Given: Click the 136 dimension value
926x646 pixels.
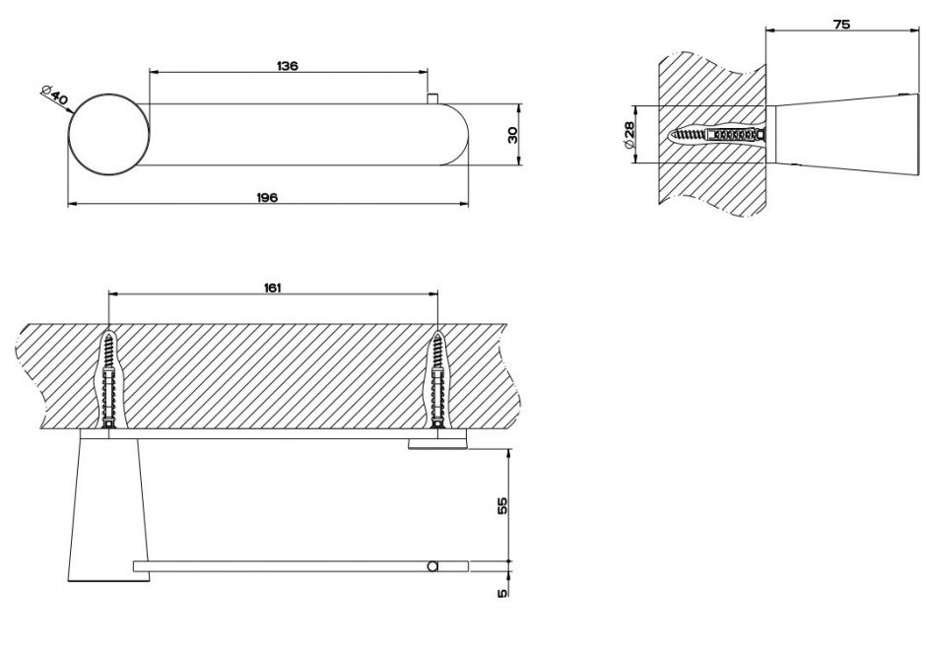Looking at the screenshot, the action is [x=288, y=66].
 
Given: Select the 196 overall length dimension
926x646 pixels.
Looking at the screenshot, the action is [x=267, y=197].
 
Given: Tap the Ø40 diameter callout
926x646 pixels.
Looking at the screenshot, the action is [x=54, y=96].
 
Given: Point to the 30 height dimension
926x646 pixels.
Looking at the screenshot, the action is [x=512, y=135].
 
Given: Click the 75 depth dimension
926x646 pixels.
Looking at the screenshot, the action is [x=841, y=25].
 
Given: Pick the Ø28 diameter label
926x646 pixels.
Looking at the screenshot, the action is [x=628, y=135].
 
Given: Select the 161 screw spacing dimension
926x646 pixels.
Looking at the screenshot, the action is [x=272, y=288].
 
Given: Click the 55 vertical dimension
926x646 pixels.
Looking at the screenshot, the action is [x=502, y=505].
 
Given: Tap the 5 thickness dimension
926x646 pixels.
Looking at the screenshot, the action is [x=502, y=593].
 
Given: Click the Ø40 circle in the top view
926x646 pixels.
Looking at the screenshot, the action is [x=109, y=135].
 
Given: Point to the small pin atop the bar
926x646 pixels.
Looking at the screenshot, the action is [x=432, y=98].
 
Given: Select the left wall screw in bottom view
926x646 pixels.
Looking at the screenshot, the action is [x=108, y=380].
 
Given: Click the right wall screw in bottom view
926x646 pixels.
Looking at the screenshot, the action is [x=437, y=380].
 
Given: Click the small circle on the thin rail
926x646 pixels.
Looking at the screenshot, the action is [x=432, y=567].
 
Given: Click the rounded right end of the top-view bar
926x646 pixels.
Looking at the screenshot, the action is [x=456, y=135].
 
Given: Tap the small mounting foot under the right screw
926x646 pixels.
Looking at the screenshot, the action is [x=437, y=443].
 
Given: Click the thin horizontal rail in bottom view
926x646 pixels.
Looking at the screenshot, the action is [x=301, y=567].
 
